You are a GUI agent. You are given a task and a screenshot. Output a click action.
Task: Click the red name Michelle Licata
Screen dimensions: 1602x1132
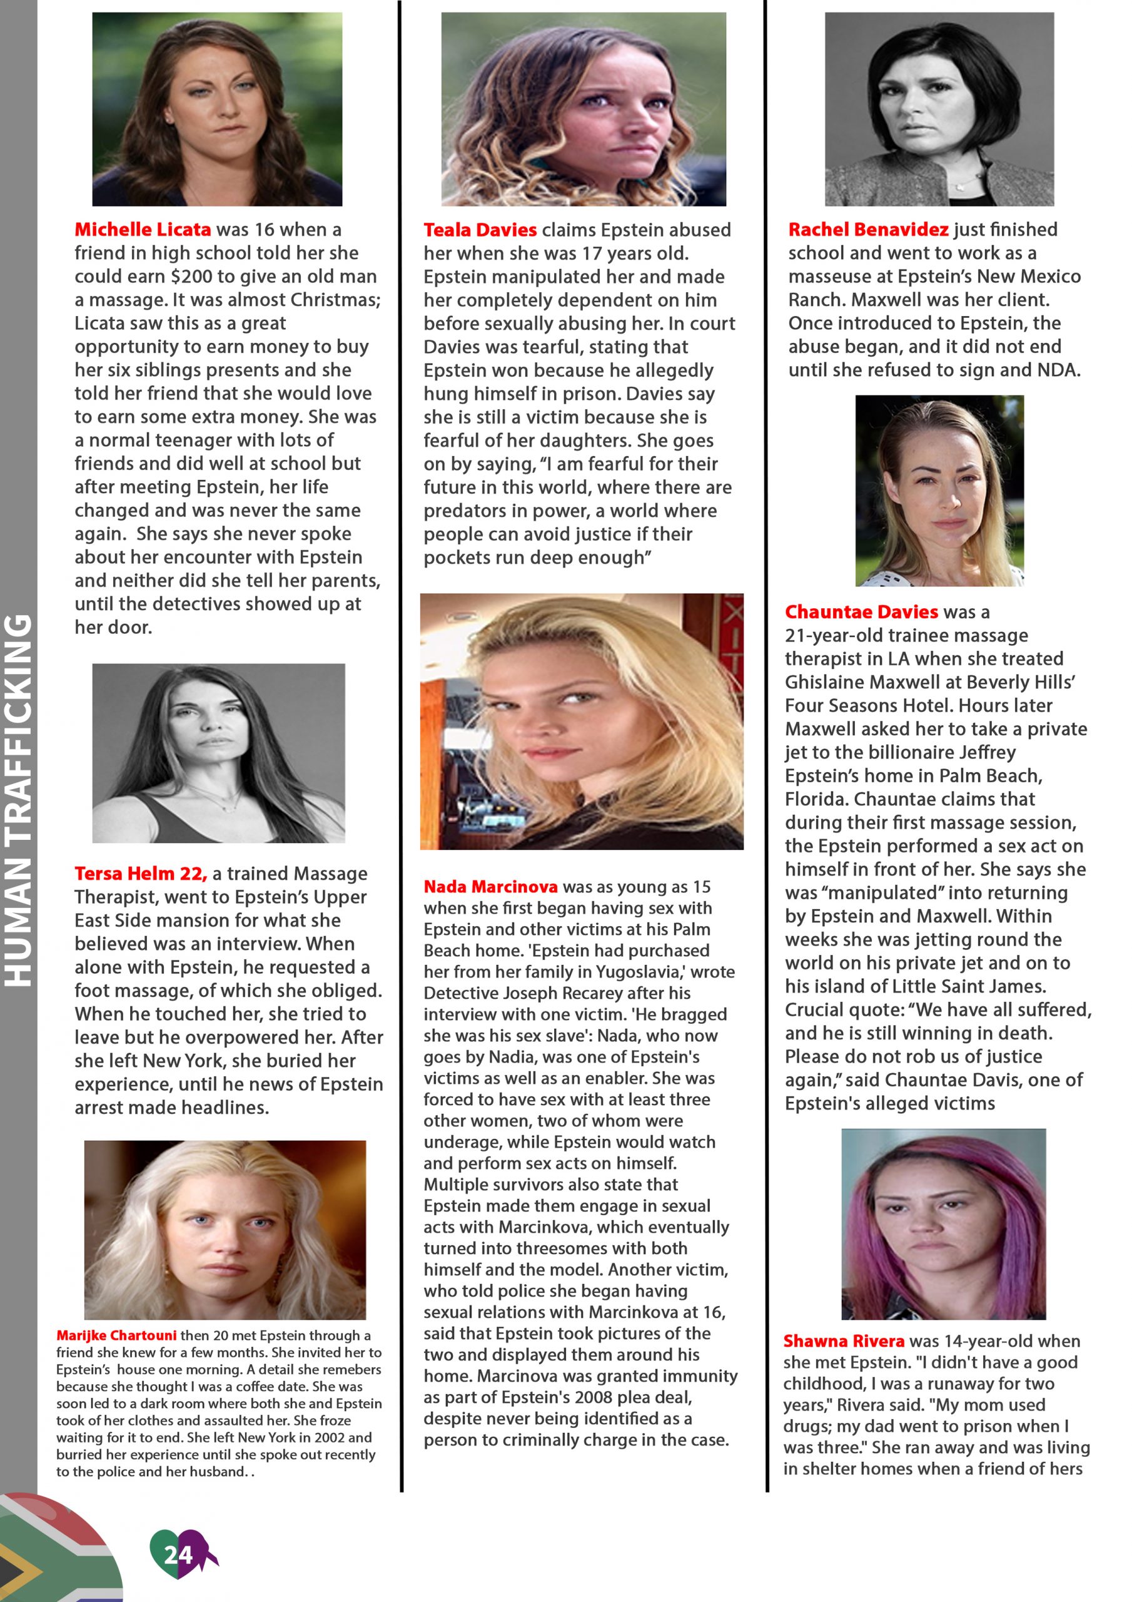pyautogui.click(x=143, y=230)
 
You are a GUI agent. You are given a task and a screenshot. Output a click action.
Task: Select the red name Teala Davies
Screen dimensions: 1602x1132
pyautogui.click(x=480, y=230)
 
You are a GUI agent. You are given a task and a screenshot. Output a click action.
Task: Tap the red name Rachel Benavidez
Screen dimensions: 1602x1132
pyautogui.click(x=867, y=230)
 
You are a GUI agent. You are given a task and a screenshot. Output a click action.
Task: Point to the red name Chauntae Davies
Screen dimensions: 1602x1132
pyautogui.click(x=861, y=612)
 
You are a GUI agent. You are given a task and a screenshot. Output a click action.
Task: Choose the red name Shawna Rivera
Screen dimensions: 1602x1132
pyautogui.click(x=843, y=1340)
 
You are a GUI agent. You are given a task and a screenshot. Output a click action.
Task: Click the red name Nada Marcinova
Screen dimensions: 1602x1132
pyautogui.click(x=490, y=886)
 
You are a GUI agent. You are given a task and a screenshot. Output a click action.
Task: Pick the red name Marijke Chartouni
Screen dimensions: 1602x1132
pyautogui.click(x=116, y=1335)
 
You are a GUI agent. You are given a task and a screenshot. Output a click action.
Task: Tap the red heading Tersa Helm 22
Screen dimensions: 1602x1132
pyautogui.click(x=140, y=873)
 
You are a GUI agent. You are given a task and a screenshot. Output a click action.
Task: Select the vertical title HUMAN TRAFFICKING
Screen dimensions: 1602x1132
pyautogui.click(x=19, y=800)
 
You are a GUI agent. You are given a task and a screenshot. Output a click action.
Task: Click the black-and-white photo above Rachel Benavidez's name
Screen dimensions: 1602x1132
pyautogui.click(x=939, y=109)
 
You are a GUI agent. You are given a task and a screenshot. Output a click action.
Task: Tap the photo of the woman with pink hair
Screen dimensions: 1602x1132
pyautogui.click(x=943, y=1225)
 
